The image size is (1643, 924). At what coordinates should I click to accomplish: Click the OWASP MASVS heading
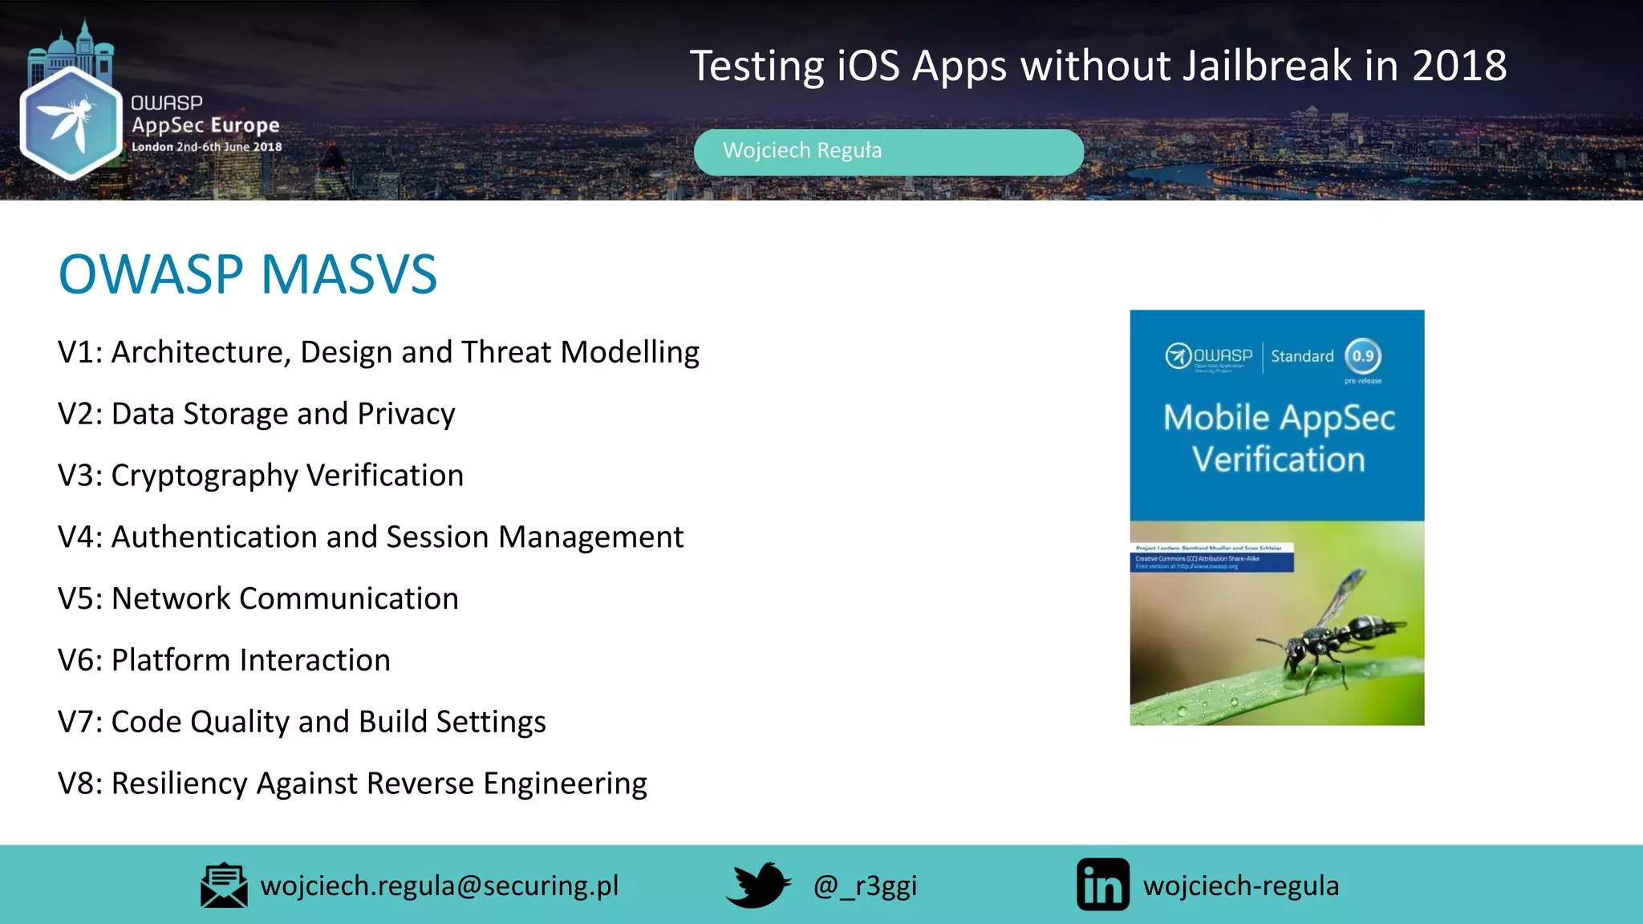pyautogui.click(x=248, y=275)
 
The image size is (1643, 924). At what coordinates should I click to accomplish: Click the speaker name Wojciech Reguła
pyautogui.click(x=801, y=151)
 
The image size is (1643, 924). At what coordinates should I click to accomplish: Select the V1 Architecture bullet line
pyautogui.click(x=378, y=353)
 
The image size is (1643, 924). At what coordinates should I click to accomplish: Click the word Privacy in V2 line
pyautogui.click(x=406, y=415)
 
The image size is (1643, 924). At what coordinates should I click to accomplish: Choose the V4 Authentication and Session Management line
pyautogui.click(x=370, y=537)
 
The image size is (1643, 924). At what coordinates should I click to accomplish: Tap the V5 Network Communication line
pyautogui.click(x=258, y=599)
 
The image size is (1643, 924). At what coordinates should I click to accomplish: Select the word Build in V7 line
pyautogui.click(x=393, y=722)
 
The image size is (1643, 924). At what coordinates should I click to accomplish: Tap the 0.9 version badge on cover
pyautogui.click(x=1363, y=356)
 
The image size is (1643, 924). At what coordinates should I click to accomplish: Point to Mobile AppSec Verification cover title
pyautogui.click(x=1279, y=439)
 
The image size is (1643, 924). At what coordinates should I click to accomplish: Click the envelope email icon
pyautogui.click(x=224, y=885)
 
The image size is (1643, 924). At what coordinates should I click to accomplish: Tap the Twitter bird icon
pyautogui.click(x=758, y=885)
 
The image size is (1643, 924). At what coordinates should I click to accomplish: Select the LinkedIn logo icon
pyautogui.click(x=1102, y=885)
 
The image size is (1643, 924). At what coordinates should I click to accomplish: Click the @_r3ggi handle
pyautogui.click(x=865, y=886)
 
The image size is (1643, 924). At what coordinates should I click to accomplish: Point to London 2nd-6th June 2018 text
pyautogui.click(x=206, y=148)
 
